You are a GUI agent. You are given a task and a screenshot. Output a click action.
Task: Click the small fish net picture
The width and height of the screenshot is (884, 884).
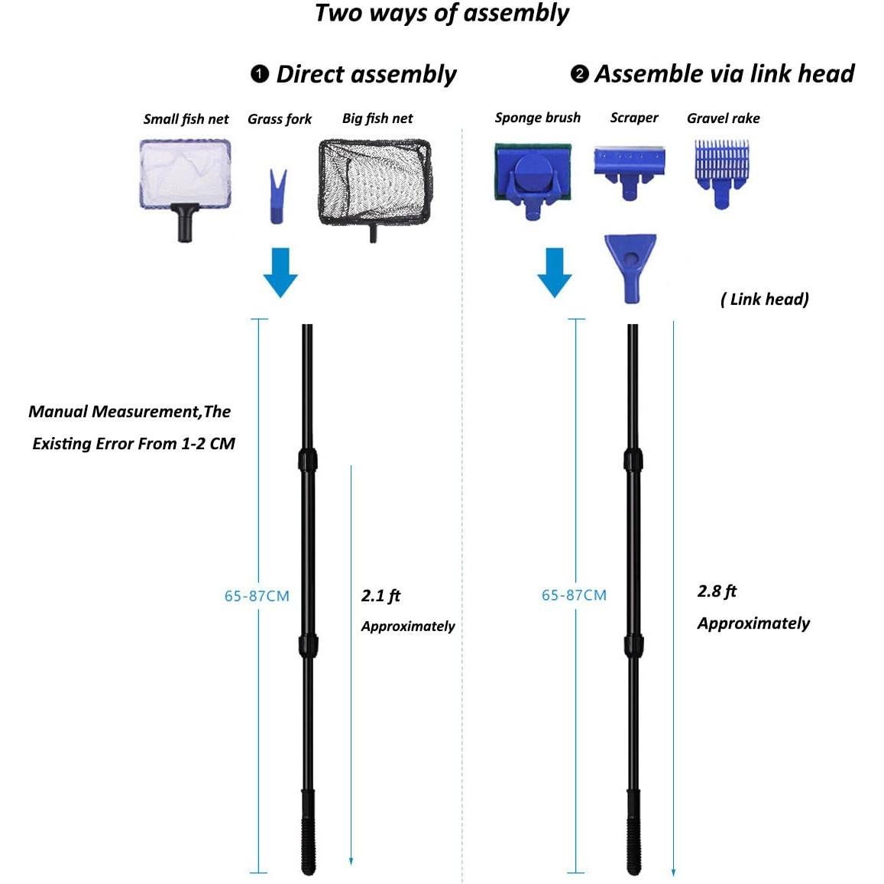pyautogui.click(x=185, y=181)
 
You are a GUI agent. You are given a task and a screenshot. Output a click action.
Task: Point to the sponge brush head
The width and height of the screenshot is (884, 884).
pyautogui.click(x=533, y=180)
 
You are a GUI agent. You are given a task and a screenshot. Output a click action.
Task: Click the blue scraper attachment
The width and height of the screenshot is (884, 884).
pyautogui.click(x=630, y=171)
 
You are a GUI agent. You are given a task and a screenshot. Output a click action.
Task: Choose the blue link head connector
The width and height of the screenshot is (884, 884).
pyautogui.click(x=630, y=267)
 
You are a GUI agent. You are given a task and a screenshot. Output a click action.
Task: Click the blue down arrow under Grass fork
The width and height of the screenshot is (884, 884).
pyautogui.click(x=280, y=271)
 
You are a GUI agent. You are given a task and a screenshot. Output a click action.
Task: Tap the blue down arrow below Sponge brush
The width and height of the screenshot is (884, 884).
pyautogui.click(x=555, y=271)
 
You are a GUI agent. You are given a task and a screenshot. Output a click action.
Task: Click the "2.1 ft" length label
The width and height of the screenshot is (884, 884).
pyautogui.click(x=380, y=596)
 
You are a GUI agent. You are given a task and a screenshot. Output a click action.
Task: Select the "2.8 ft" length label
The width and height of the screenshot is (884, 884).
pyautogui.click(x=717, y=591)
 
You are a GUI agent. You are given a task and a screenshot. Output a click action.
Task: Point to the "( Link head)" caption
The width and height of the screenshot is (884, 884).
pyautogui.click(x=764, y=299)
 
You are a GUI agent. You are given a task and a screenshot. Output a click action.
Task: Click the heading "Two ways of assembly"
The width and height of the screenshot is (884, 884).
pyautogui.click(x=442, y=14)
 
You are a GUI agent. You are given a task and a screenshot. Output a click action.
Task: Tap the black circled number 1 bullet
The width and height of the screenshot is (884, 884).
pyautogui.click(x=260, y=73)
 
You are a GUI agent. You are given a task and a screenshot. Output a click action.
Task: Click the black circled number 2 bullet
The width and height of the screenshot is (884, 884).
pyautogui.click(x=579, y=73)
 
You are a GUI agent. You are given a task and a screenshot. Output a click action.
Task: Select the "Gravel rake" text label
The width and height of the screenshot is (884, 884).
pyautogui.click(x=723, y=118)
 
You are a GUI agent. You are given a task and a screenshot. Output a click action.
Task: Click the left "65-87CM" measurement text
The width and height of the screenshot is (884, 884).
pyautogui.click(x=257, y=596)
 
